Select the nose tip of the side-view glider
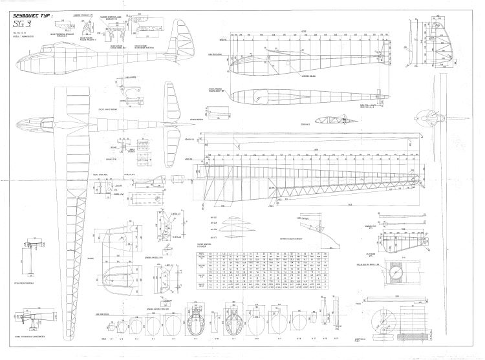(15, 63)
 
